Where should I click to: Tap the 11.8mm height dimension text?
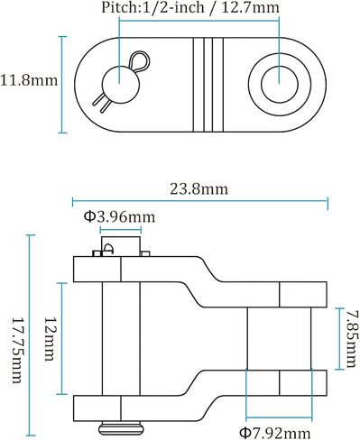click(29, 80)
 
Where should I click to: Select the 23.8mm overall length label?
click(199, 189)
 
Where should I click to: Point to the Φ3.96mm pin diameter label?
click(119, 216)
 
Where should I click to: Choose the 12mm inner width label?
click(50, 339)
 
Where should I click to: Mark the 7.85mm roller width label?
click(352, 339)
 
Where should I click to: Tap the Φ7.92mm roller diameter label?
click(275, 433)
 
